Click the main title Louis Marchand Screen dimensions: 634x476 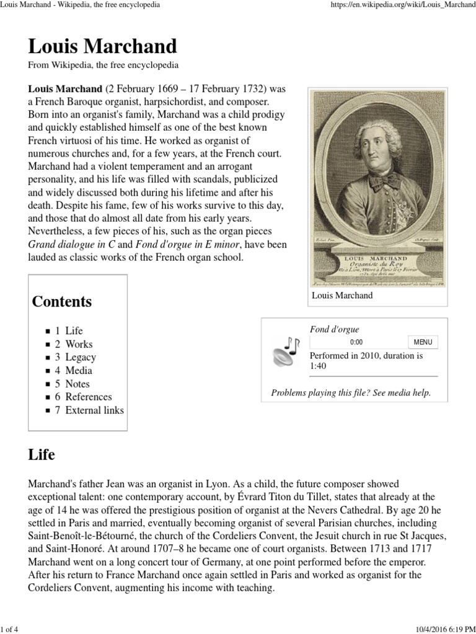click(x=102, y=46)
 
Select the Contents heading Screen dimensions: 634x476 click(x=62, y=302)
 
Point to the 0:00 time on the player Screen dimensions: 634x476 click(x=356, y=342)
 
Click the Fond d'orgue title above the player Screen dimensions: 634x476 click(x=334, y=329)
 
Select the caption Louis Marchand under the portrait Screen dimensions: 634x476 click(x=342, y=295)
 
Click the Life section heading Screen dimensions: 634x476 click(x=42, y=455)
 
